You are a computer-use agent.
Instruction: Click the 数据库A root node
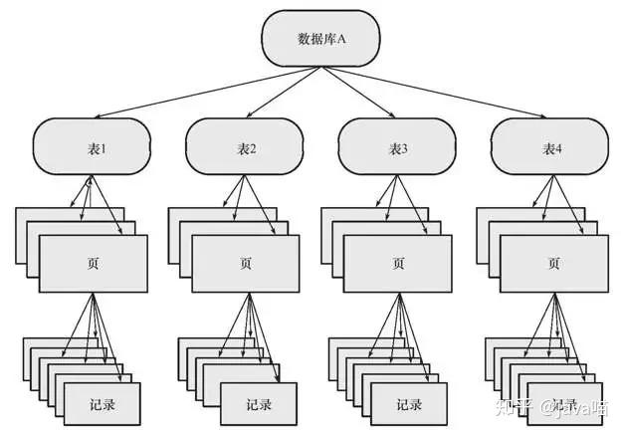point(320,39)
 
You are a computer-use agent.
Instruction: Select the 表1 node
point(94,148)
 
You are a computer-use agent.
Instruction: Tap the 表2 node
point(246,148)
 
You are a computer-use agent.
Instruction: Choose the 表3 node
point(398,148)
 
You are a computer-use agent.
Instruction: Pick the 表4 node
point(551,148)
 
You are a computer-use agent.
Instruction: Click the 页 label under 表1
point(94,264)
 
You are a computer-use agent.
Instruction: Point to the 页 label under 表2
point(246,264)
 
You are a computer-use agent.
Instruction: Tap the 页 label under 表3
point(398,264)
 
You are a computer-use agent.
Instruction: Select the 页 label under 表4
point(551,264)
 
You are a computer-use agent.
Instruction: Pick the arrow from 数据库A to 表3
point(359,95)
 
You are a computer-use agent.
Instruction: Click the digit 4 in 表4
point(559,148)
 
